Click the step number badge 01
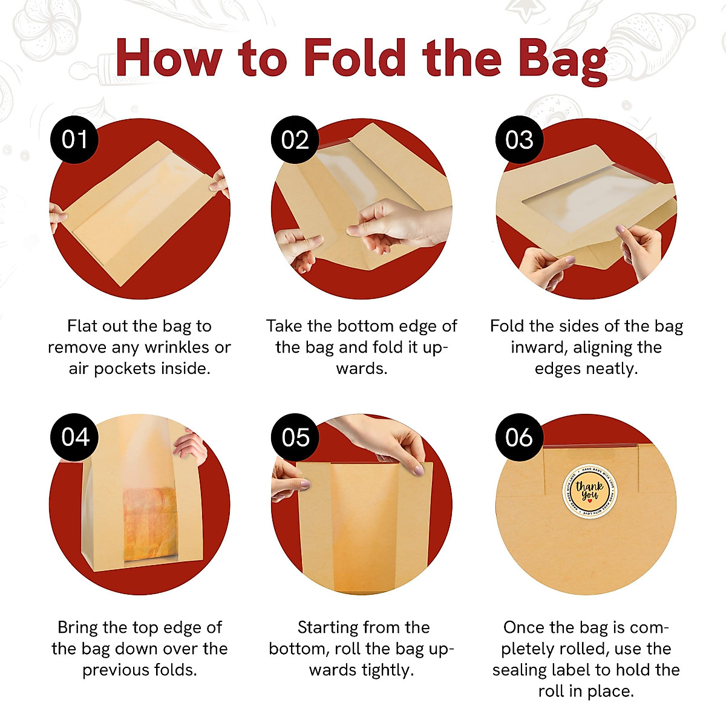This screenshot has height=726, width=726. [x=74, y=140]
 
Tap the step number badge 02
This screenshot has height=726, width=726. [x=295, y=140]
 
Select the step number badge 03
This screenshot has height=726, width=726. [x=519, y=140]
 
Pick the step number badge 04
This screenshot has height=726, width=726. [x=74, y=437]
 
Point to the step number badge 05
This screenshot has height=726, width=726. [x=295, y=437]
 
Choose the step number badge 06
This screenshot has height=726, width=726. [x=519, y=437]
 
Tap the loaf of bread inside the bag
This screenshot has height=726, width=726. [x=150, y=523]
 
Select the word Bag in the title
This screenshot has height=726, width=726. [x=563, y=60]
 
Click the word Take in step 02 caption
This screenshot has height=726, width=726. [x=284, y=326]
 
